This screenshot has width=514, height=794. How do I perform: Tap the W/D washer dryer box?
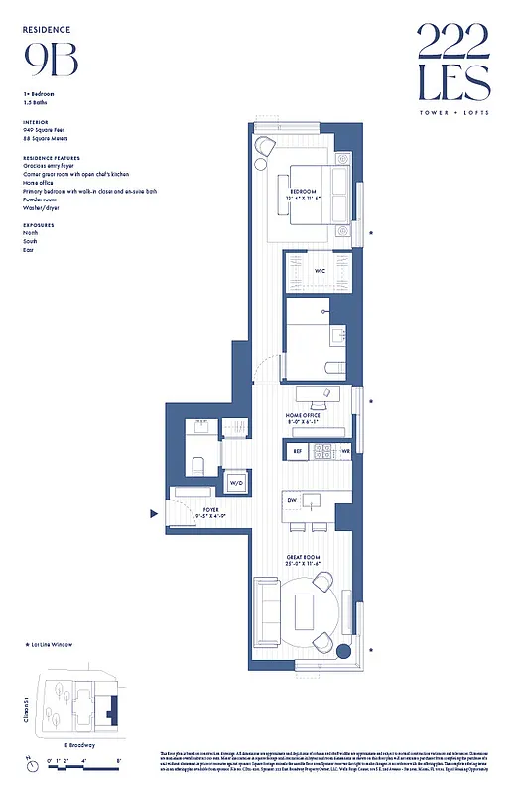pyautogui.click(x=236, y=483)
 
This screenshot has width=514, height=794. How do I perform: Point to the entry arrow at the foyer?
pyautogui.click(x=154, y=514)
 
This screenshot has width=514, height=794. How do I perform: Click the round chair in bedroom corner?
pyautogui.click(x=265, y=146)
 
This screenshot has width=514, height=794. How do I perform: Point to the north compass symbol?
pyautogui.click(x=28, y=766)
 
